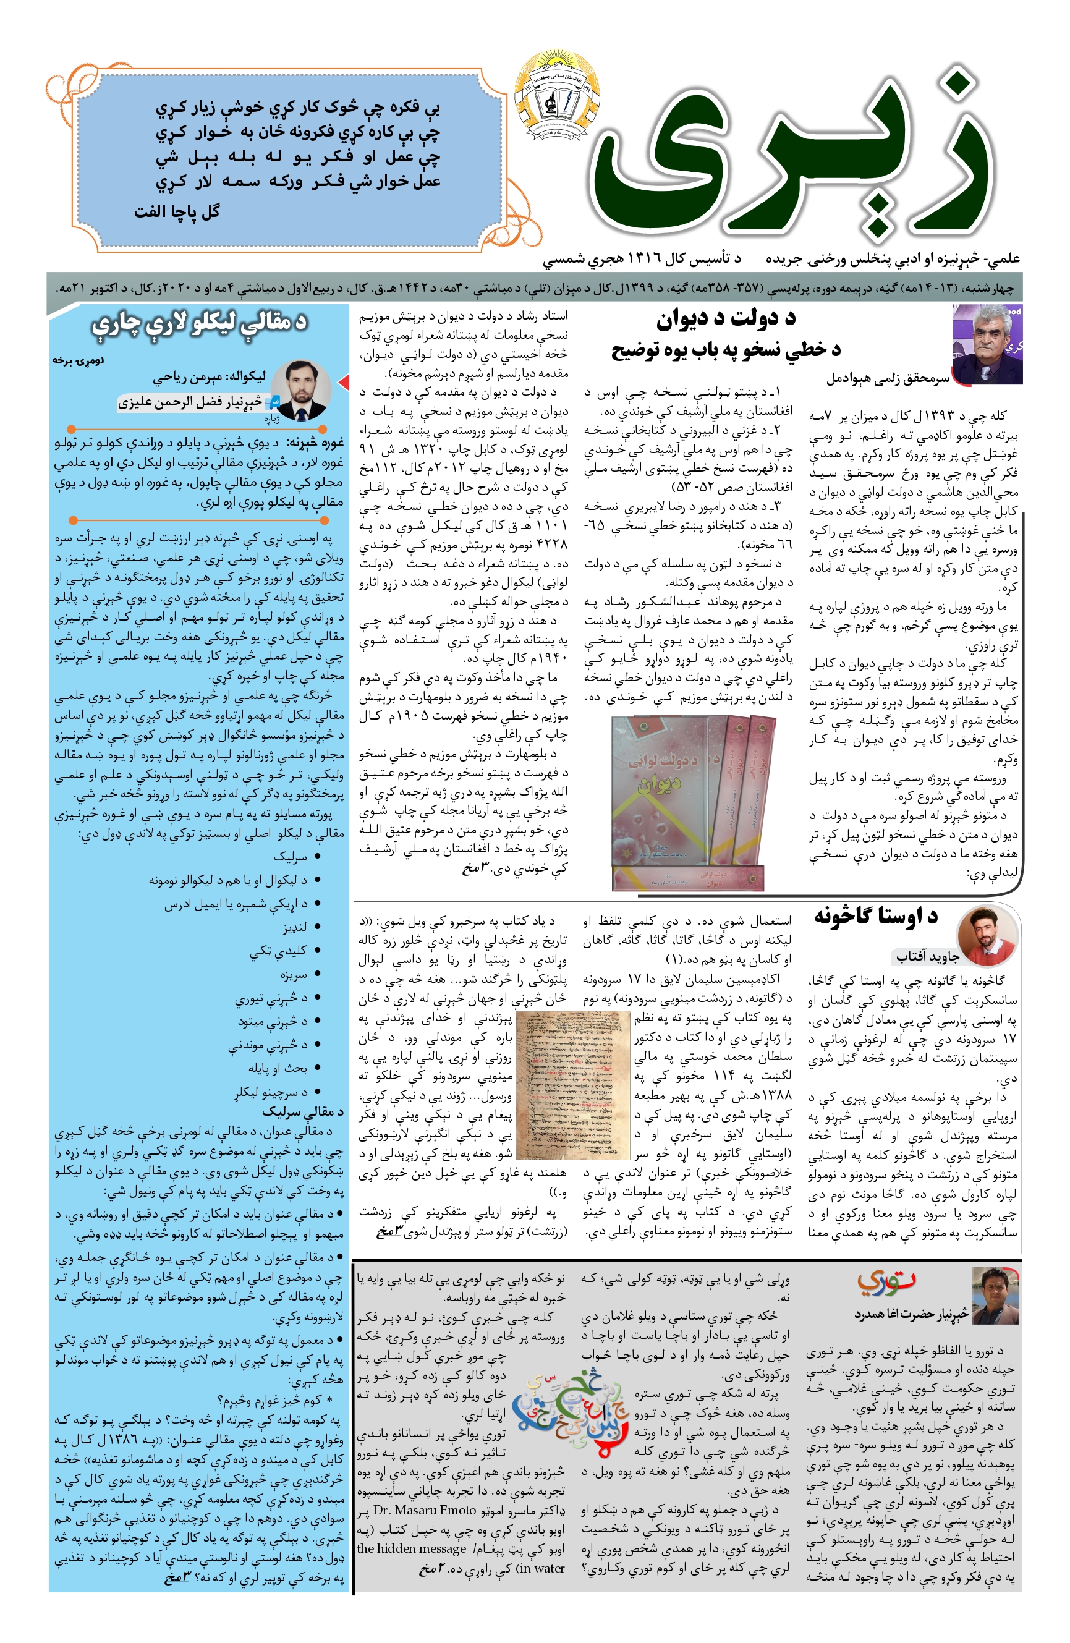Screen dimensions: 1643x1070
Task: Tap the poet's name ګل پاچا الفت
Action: [x=177, y=212]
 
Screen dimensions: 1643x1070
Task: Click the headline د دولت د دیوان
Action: [x=726, y=318]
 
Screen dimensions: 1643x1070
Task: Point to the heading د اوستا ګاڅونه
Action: [x=875, y=917]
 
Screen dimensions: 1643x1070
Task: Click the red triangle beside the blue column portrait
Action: [x=343, y=382]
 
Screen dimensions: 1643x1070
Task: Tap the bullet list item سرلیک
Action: [x=290, y=857]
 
